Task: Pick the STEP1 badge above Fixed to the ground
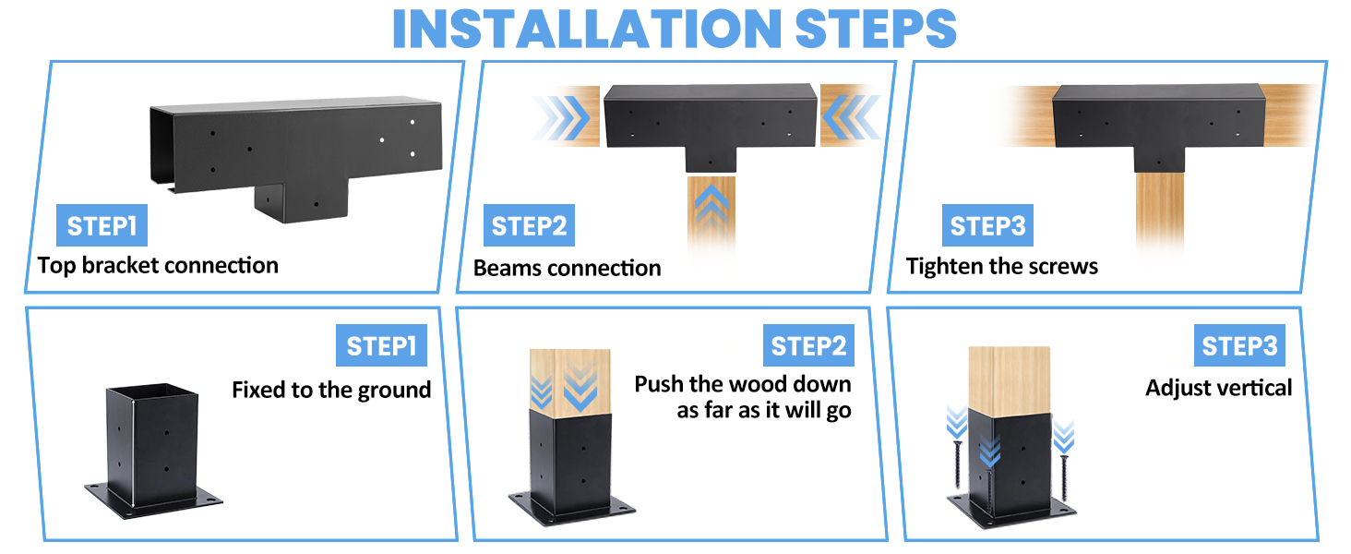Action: point(381,346)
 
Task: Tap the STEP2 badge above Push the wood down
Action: point(808,346)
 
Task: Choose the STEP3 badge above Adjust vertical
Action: point(1239,346)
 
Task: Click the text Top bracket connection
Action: point(158,266)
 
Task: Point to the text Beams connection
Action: point(567,269)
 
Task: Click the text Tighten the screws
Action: point(1001,267)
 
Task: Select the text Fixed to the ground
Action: point(331,390)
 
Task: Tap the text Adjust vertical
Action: point(1218,388)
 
